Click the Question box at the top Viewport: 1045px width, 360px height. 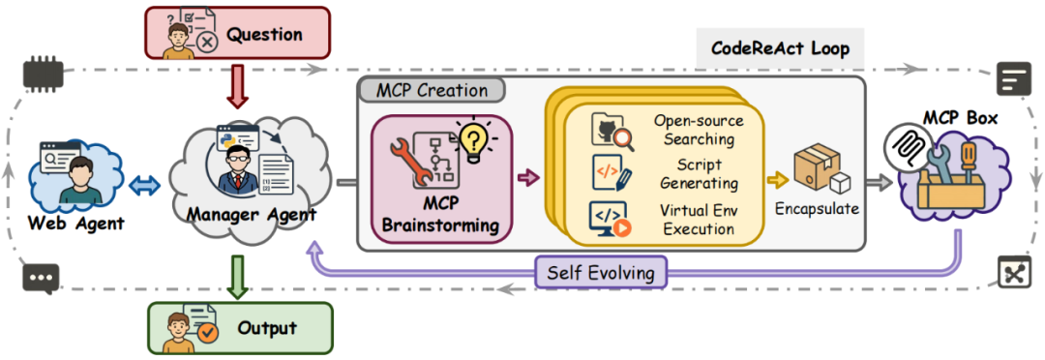point(237,33)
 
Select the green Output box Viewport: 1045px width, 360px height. point(239,328)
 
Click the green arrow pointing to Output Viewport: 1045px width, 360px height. point(238,277)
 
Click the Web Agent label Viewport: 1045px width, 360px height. point(76,223)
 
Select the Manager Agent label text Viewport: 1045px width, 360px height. point(252,215)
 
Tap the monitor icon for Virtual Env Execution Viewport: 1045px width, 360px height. point(610,218)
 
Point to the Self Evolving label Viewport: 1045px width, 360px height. point(601,272)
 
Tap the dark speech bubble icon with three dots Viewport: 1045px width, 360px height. point(40,278)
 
